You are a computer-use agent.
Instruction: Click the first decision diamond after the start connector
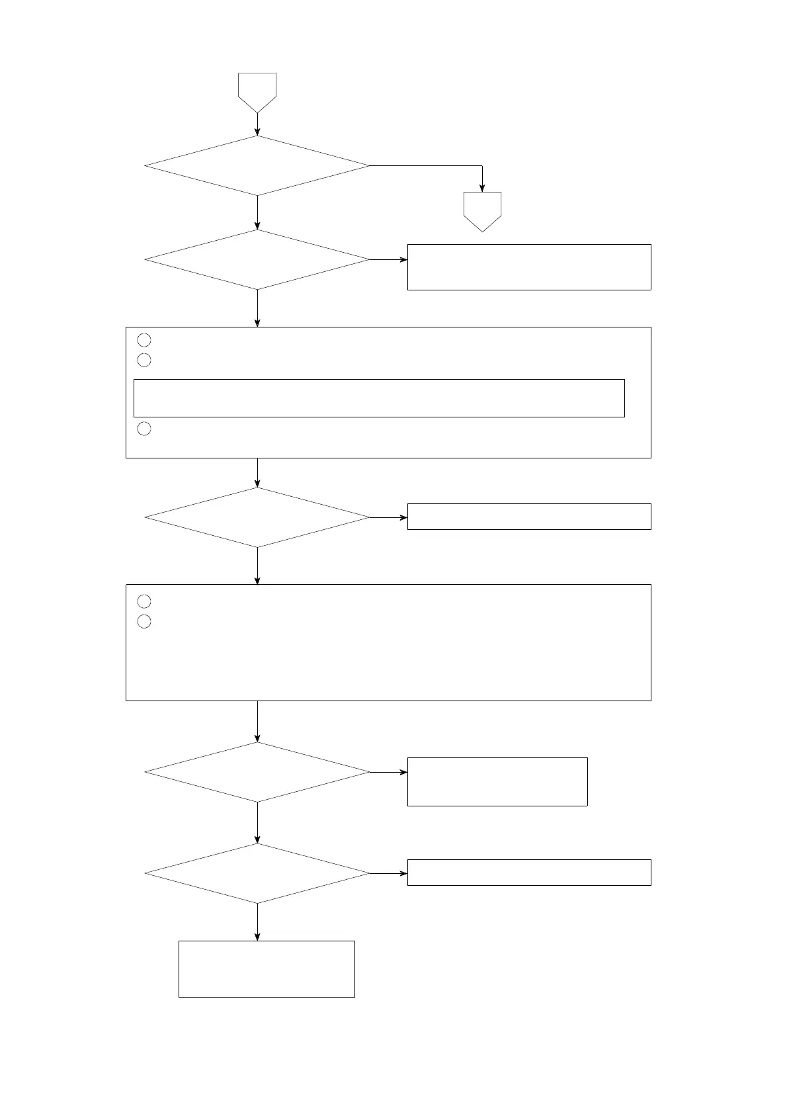point(257,165)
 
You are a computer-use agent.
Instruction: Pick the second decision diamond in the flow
point(257,259)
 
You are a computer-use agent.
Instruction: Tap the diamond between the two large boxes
point(257,517)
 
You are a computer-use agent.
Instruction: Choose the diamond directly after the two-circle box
point(257,772)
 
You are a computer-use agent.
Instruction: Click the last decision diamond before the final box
point(257,873)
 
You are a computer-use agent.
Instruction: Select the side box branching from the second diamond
point(529,267)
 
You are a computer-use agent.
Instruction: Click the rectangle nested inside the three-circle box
point(379,398)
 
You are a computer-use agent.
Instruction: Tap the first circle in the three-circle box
point(144,340)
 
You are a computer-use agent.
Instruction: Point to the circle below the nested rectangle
point(144,429)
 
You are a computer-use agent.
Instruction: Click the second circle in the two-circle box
point(144,622)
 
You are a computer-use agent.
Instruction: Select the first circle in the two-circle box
point(144,601)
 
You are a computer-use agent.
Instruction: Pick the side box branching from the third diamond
point(529,516)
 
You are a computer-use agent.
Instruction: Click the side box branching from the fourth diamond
point(497,781)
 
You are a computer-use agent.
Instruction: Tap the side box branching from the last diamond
point(529,872)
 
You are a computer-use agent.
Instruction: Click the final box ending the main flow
point(267,968)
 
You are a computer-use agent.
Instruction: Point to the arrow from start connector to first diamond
point(257,124)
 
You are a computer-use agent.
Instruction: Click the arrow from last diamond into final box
point(257,921)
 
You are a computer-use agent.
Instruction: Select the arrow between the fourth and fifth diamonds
point(257,823)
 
